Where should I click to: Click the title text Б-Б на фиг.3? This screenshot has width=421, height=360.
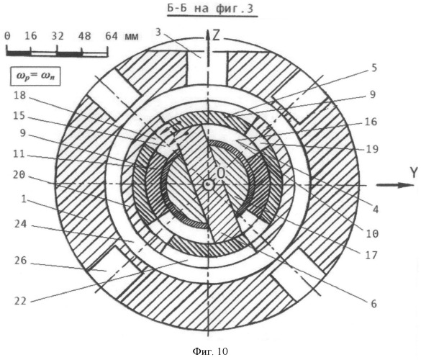tap(210, 9)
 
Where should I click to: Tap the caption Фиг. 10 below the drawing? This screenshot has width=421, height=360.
tap(210, 351)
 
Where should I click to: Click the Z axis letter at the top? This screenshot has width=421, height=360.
tap(216, 35)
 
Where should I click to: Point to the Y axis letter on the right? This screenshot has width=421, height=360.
tap(414, 173)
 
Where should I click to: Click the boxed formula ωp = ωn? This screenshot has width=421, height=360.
tap(35, 76)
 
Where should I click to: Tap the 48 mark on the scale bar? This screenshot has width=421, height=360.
tap(85, 36)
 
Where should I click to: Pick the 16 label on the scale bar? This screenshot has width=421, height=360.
tap(31, 36)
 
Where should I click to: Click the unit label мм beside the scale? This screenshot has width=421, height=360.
tap(131, 37)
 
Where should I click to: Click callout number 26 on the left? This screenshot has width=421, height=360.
tap(20, 261)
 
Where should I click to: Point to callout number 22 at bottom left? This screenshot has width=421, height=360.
tap(20, 301)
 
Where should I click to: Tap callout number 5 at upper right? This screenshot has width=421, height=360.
tap(374, 68)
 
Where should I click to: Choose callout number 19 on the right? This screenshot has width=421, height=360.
tap(372, 149)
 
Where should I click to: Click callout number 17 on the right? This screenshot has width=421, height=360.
tap(371, 255)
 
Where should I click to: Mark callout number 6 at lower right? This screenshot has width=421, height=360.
tap(374, 304)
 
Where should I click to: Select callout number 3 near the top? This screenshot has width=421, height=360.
tap(158, 32)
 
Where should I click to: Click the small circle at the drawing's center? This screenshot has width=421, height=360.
tap(208, 184)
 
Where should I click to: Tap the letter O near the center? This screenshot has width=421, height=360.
tap(221, 174)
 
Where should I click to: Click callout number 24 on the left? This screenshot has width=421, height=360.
tap(20, 224)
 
